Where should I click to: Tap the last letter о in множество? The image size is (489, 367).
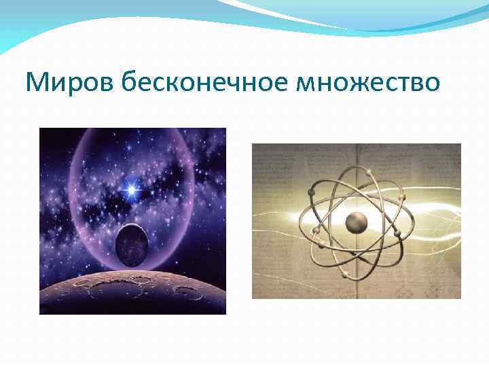433,84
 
